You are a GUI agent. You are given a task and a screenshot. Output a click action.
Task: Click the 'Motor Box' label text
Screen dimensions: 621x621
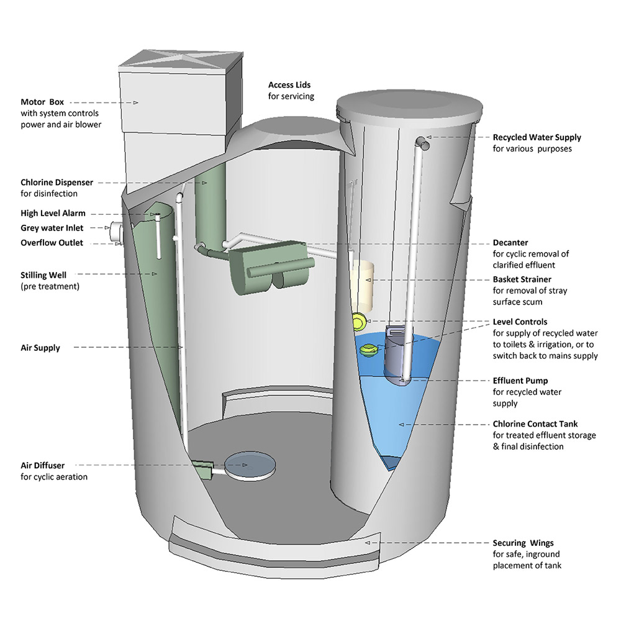pyautogui.click(x=42, y=102)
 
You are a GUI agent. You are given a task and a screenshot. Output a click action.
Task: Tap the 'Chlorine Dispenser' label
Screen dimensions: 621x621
pyautogui.click(x=57, y=183)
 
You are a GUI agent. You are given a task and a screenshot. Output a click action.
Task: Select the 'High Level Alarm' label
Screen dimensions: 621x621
pyautogui.click(x=53, y=213)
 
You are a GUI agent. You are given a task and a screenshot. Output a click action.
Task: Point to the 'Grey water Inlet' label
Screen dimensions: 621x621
pyautogui.click(x=52, y=228)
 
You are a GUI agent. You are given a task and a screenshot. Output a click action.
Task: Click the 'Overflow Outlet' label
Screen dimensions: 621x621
pyautogui.click(x=52, y=243)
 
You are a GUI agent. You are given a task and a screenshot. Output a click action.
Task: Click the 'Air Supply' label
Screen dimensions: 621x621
pyautogui.click(x=40, y=348)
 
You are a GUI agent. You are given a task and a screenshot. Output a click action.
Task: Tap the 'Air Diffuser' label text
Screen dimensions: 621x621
pyautogui.click(x=42, y=465)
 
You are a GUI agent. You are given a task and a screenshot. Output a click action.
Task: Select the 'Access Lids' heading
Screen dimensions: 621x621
pyautogui.click(x=289, y=84)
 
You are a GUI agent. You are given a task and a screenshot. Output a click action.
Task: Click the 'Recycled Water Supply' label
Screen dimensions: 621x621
pyautogui.click(x=537, y=137)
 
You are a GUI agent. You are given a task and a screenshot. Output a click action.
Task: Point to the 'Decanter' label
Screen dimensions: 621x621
pyautogui.click(x=510, y=243)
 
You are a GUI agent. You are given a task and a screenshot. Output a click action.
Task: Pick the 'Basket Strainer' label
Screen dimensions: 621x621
pyautogui.click(x=522, y=279)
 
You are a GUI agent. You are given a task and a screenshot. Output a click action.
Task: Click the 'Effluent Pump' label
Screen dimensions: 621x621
pyautogui.click(x=520, y=381)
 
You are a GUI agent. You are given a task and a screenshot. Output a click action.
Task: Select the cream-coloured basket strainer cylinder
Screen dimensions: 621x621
pyautogui.click(x=361, y=279)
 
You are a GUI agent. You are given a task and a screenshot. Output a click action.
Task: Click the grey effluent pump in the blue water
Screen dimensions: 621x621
pyautogui.click(x=395, y=357)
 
